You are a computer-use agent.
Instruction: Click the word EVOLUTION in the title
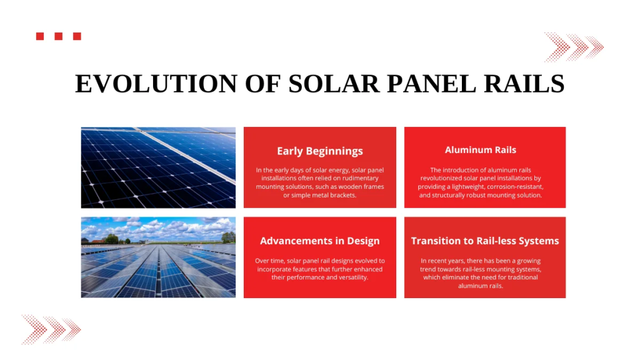click(x=156, y=84)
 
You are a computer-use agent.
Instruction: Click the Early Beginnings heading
click(x=320, y=151)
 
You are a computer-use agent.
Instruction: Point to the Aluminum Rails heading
click(x=481, y=150)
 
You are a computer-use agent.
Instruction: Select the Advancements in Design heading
click(x=320, y=241)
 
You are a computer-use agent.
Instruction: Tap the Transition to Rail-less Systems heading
click(x=485, y=241)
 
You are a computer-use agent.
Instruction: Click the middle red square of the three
click(x=58, y=36)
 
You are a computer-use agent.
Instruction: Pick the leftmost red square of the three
click(x=40, y=36)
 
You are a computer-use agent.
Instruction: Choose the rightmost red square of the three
click(x=77, y=36)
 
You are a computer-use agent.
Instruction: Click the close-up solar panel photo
click(x=158, y=167)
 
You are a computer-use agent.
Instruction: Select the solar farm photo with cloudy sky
click(x=158, y=257)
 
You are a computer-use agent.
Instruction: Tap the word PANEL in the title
click(x=431, y=84)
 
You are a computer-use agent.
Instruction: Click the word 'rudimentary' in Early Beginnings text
click(x=359, y=178)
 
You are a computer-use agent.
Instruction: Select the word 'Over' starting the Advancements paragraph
click(x=262, y=261)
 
